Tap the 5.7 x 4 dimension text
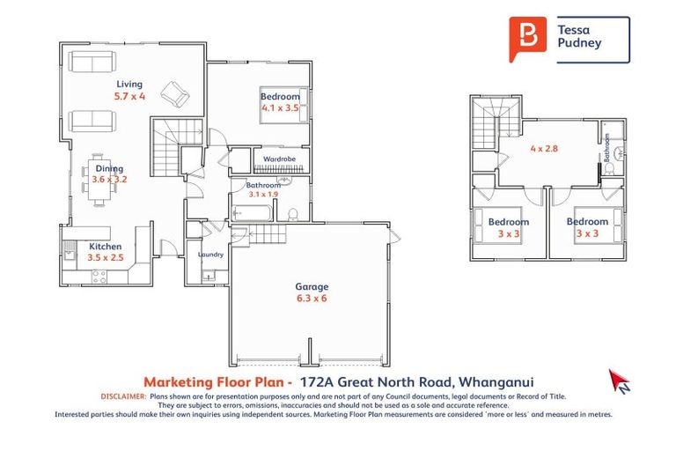[x=129, y=95]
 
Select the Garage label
[x=312, y=286]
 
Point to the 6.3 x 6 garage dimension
[x=312, y=299]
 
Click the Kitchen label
[x=104, y=247]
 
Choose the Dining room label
[x=109, y=168]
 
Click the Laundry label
[x=211, y=255]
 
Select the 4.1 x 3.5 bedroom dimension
[x=280, y=107]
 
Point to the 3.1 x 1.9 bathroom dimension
[x=263, y=194]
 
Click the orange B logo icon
[x=526, y=39]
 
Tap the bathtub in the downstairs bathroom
[x=253, y=212]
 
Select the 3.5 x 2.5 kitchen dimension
[x=105, y=259]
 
